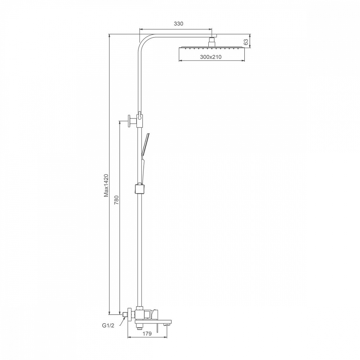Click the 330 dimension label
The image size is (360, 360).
179,24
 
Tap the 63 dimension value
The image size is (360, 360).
246,42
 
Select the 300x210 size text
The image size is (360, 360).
211,57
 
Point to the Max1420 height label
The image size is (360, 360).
106,185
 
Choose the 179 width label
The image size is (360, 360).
147,333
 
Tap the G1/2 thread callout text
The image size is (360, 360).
108,325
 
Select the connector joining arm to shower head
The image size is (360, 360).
211,42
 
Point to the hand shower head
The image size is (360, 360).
146,143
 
